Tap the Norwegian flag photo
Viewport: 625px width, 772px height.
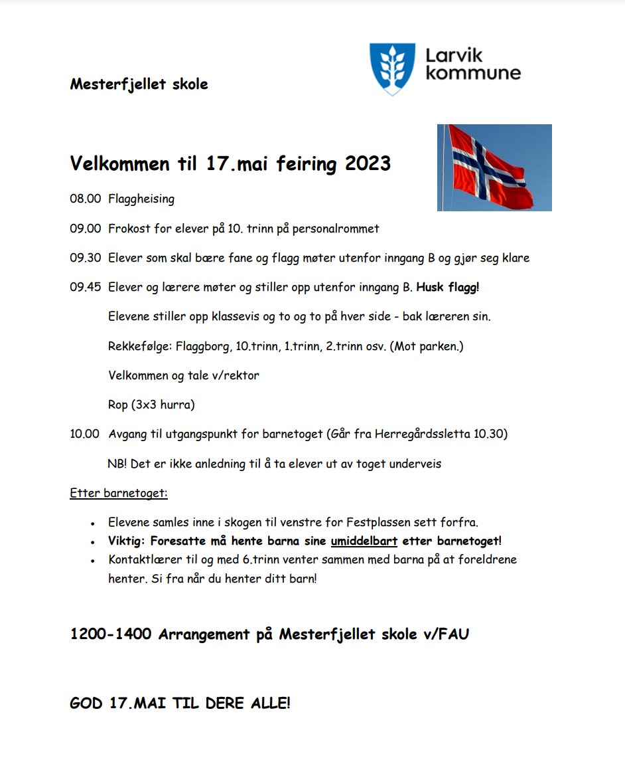[x=494, y=167]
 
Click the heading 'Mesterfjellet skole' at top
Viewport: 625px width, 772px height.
[x=139, y=84]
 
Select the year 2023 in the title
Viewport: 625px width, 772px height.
[x=368, y=163]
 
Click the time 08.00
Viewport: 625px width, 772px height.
[x=85, y=199]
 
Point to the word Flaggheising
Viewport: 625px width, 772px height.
[x=141, y=199]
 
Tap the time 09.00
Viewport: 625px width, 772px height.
[x=85, y=229]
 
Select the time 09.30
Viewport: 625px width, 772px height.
[x=85, y=258]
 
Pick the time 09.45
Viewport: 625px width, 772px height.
[x=85, y=287]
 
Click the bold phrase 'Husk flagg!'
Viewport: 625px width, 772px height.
[x=448, y=287]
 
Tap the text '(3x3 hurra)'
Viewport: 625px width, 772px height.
[x=163, y=405]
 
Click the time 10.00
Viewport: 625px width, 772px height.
[x=85, y=434]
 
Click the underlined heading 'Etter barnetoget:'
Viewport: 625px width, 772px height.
[x=119, y=493]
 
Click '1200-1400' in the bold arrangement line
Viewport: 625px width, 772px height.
[x=110, y=634]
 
